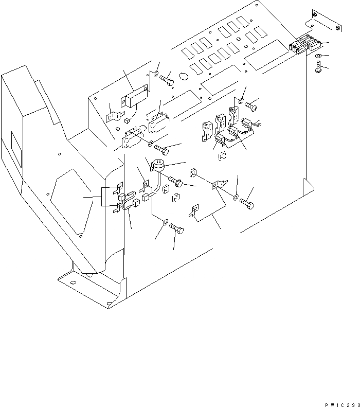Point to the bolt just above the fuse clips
pyautogui.click(x=251, y=105)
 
